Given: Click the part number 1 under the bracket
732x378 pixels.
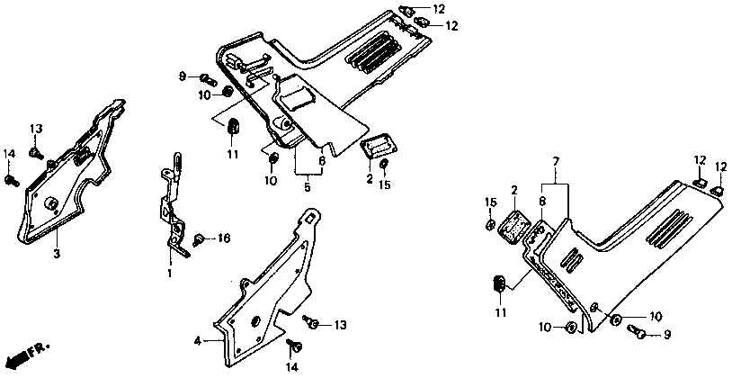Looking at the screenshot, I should pyautogui.click(x=168, y=272).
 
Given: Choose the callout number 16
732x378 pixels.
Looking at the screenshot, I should pyautogui.click(x=225, y=238).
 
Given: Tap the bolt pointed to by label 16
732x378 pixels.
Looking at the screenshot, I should pyautogui.click(x=200, y=238).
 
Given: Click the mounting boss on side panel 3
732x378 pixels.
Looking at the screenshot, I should pyautogui.click(x=50, y=200).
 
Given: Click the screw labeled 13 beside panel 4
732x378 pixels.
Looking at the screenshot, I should pyautogui.click(x=309, y=321).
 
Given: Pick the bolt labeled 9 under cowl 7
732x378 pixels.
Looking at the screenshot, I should pyautogui.click(x=639, y=335).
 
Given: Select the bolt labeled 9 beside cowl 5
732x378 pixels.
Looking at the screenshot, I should pyautogui.click(x=205, y=76).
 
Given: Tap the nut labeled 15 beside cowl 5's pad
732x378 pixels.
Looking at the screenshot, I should pyautogui.click(x=384, y=165).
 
